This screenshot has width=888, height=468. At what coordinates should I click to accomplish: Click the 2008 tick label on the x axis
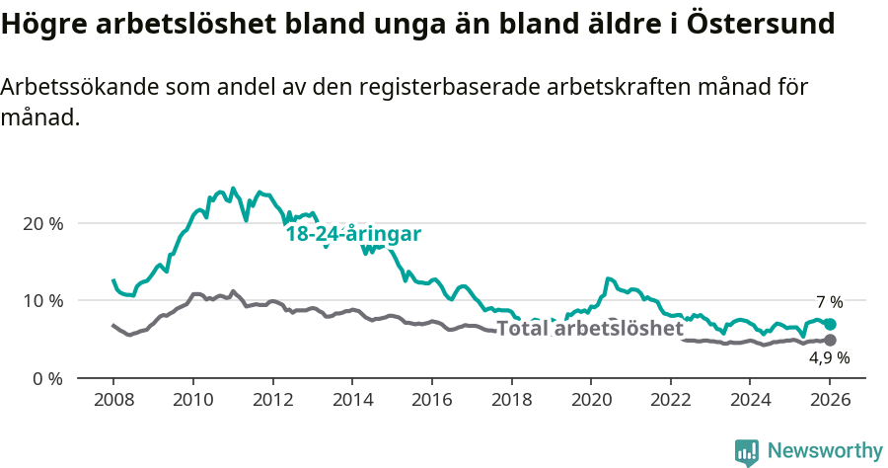click(112, 401)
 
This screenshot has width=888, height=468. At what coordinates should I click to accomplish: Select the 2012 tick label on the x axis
click(272, 401)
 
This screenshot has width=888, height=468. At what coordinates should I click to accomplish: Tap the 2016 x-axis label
click(431, 401)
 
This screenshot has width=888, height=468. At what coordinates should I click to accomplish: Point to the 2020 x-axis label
click(591, 401)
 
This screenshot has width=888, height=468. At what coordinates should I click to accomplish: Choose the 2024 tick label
click(750, 401)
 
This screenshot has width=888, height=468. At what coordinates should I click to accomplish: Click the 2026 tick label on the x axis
click(830, 401)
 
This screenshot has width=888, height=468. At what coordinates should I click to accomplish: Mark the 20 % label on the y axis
click(42, 223)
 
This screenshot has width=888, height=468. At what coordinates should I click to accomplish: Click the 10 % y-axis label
click(42, 300)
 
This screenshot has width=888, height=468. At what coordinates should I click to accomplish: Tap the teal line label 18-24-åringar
click(354, 234)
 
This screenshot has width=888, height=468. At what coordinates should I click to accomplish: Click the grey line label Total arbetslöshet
click(589, 328)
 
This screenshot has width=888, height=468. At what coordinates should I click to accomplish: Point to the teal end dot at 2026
click(830, 324)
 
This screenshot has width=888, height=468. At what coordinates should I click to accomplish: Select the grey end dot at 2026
click(830, 341)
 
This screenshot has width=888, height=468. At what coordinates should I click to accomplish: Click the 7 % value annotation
click(829, 302)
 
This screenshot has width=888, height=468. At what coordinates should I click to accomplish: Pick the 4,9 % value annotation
click(829, 358)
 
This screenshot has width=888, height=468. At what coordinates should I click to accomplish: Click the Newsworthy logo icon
click(747, 452)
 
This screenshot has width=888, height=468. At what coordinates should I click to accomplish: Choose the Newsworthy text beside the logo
click(824, 451)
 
